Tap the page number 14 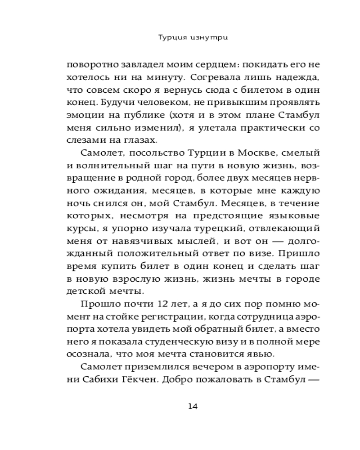(193, 406)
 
